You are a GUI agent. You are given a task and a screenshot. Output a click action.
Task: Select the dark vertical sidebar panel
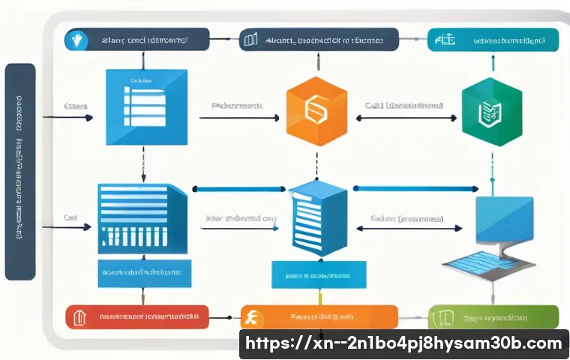pos(20,171)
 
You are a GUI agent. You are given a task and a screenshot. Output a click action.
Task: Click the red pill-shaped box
pos(136,317)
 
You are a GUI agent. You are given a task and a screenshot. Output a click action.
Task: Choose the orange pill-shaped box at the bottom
pos(318,317)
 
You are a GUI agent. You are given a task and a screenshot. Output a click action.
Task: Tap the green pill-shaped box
pos(493,317)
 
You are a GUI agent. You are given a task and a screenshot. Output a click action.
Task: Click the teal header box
pos(494,40)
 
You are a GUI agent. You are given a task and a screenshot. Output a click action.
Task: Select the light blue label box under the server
pos(319,275)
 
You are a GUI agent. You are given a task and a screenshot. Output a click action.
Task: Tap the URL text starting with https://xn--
pos(403,344)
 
